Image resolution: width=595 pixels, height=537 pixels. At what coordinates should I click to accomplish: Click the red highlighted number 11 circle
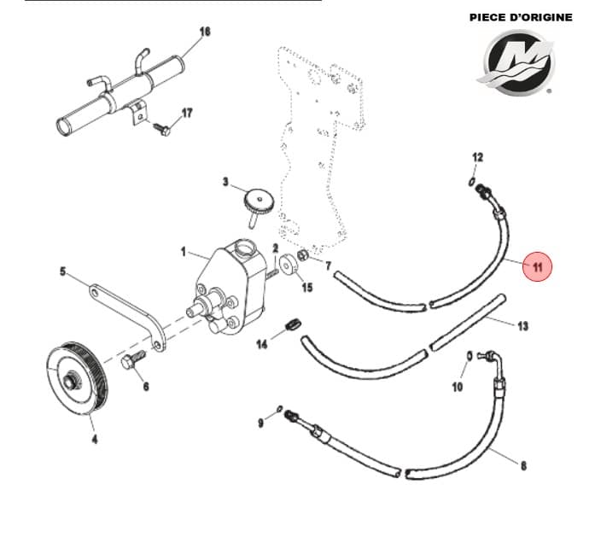pyautogui.click(x=538, y=266)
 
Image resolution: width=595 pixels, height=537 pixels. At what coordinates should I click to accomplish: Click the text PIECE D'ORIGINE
pyautogui.click(x=521, y=17)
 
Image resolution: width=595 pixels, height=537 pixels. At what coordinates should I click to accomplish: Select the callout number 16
pyautogui.click(x=204, y=32)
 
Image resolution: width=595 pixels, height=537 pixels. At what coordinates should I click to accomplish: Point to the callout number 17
pyautogui.click(x=187, y=113)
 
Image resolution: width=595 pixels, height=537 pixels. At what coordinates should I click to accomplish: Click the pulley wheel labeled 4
pyautogui.click(x=76, y=376)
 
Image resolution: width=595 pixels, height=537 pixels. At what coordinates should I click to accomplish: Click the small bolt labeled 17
pyautogui.click(x=161, y=129)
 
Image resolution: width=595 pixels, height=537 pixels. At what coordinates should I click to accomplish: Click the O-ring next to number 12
pyautogui.click(x=472, y=181)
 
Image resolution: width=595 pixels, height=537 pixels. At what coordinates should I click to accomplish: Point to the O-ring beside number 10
pyautogui.click(x=469, y=355)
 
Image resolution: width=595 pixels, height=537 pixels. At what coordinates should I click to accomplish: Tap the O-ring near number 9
pyautogui.click(x=280, y=408)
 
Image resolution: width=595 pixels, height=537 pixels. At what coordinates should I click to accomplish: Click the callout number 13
pyautogui.click(x=523, y=325)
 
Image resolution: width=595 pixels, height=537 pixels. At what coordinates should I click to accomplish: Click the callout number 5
pyautogui.click(x=62, y=272)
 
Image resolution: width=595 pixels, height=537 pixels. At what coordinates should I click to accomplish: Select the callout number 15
pyautogui.click(x=306, y=287)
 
